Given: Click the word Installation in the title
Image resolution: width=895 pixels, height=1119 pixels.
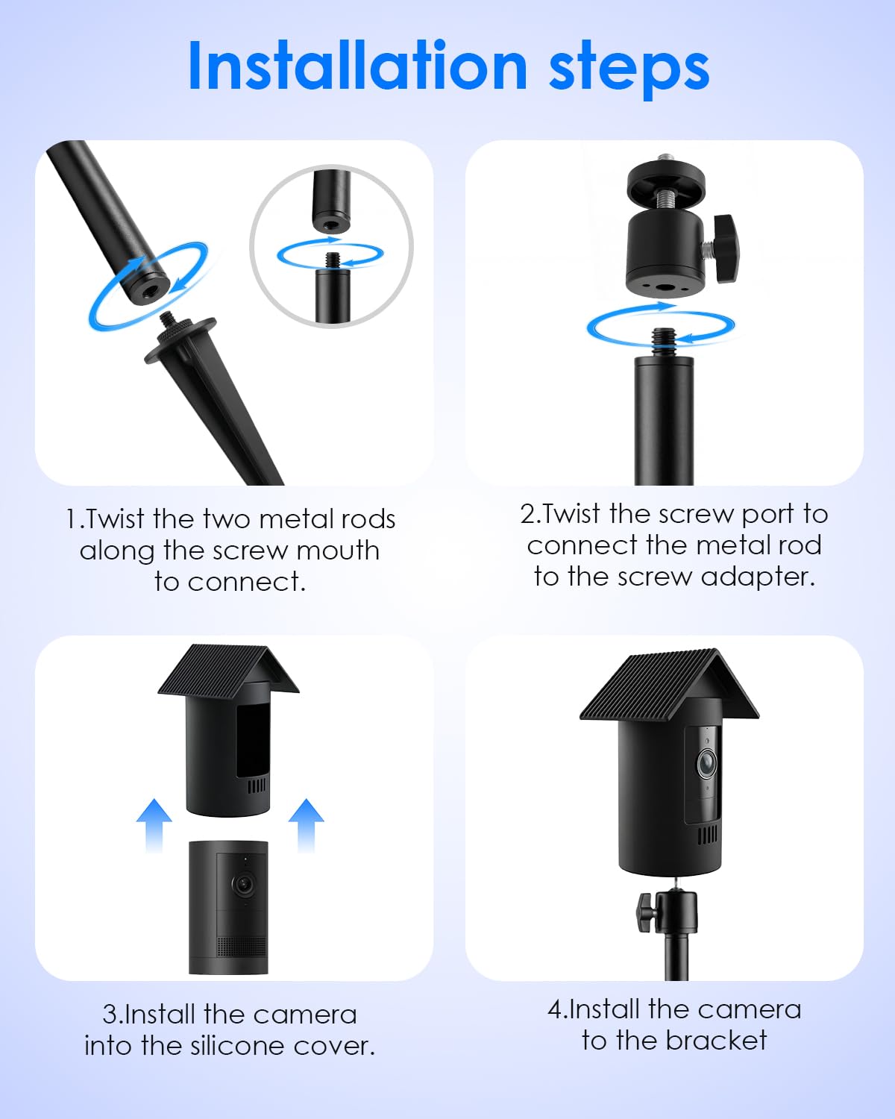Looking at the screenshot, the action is coord(358,66).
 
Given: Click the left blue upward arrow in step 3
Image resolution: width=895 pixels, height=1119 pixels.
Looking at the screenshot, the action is coord(154,825).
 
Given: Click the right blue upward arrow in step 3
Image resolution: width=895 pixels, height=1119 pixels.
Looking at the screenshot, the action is coord(307,825).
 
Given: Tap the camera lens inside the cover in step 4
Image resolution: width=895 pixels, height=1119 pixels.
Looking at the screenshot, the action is coord(706,763).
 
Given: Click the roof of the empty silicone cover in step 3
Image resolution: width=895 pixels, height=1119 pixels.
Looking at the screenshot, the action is coord(228,670).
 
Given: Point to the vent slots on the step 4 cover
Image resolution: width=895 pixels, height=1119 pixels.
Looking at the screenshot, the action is coord(707,836).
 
